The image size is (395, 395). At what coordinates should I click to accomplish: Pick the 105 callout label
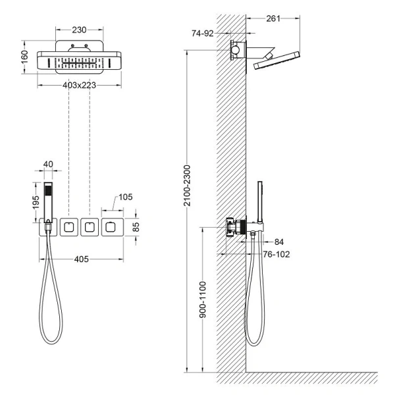(x=126, y=197)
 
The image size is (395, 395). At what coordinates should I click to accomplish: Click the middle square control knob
(x=89, y=227)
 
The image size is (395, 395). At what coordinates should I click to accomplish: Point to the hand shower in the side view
(x=259, y=201)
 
